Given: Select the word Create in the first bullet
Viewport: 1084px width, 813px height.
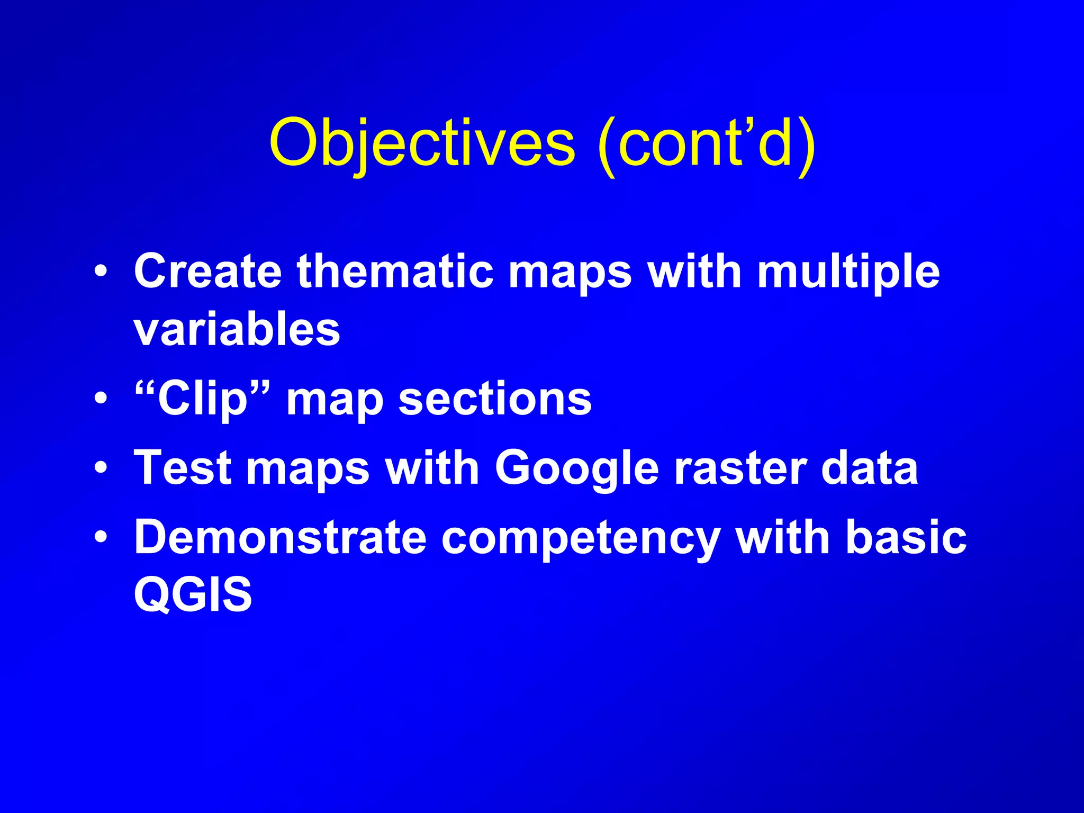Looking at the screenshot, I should [207, 272].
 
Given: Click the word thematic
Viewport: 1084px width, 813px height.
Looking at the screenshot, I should [395, 272].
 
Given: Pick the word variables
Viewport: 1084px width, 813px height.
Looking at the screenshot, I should [237, 329].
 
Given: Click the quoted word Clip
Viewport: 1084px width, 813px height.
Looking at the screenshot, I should [203, 399].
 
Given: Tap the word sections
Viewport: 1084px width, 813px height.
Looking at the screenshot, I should [495, 399].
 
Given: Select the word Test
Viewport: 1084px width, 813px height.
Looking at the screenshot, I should [183, 468].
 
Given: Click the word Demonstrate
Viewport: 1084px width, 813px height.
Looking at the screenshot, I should [280, 537].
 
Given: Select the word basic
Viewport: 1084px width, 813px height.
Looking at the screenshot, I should [906, 537].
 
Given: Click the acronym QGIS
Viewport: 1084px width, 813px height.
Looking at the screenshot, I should [193, 594].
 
